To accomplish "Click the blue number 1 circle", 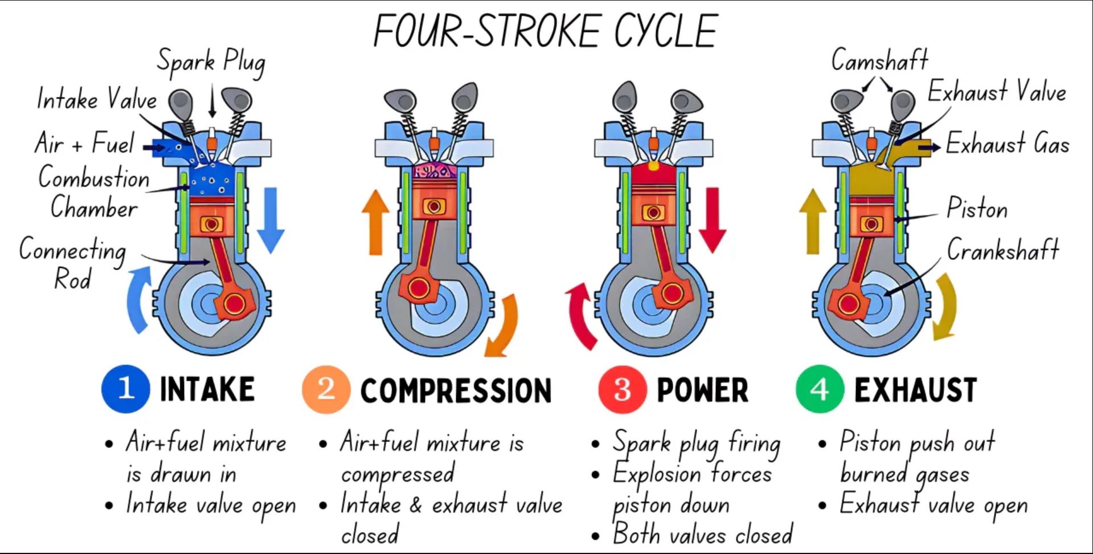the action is coord(125,389).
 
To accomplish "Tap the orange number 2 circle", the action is coord(326,389).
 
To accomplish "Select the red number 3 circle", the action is coord(623,389).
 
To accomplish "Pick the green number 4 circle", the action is coord(820,389).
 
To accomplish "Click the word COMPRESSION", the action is coord(456,391).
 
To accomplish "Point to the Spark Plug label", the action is coord(211,62).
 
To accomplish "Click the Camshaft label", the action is coord(879,60).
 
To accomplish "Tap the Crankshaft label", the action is coord(1003,250).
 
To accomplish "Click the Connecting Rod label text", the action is coord(72,263).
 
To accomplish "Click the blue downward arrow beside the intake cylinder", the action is coord(271,220).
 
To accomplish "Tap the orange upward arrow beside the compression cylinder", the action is coord(376,222).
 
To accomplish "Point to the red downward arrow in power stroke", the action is coord(713,220).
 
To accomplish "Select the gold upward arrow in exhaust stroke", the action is coord(813,222).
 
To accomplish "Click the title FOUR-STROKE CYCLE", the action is coord(545,31).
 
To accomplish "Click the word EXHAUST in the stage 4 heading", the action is coord(916,390).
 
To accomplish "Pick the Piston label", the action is coord(977,208).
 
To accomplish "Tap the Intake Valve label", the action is coord(97,99).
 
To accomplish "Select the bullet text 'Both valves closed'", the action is coord(702,534).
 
